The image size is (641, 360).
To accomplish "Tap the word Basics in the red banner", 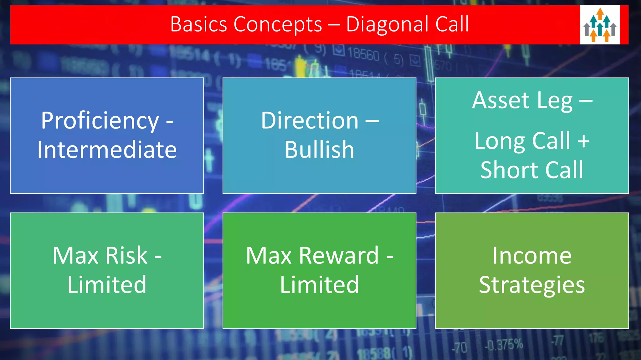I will [198, 24].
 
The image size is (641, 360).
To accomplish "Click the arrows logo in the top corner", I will [600, 25].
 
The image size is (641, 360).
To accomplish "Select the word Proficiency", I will [100, 121].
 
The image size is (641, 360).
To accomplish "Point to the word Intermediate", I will [107, 150].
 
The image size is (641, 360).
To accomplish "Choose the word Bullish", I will [319, 150].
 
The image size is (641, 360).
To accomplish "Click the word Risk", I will [126, 256].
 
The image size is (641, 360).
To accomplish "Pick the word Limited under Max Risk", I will [107, 285].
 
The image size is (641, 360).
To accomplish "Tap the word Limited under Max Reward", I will [319, 285].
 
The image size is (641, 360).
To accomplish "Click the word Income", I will [532, 256].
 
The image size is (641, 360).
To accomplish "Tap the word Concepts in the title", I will [278, 24].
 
